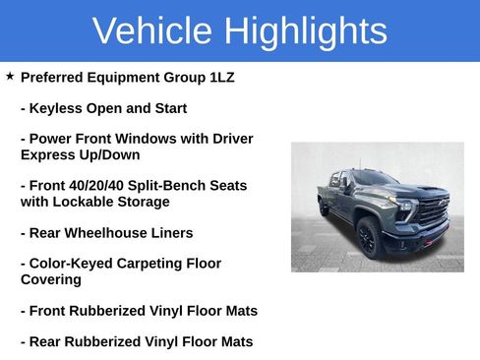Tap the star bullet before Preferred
pos(10,76)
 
